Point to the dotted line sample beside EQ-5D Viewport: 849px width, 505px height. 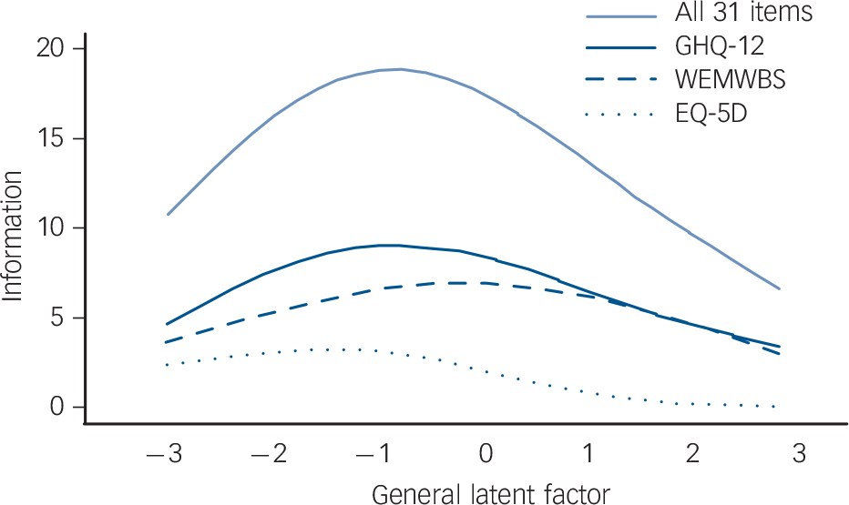click(x=619, y=114)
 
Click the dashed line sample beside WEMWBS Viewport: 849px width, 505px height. click(x=619, y=80)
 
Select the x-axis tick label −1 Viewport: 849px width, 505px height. click(x=374, y=453)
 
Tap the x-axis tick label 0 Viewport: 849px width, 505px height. click(x=487, y=453)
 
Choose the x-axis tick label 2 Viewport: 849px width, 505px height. click(x=694, y=453)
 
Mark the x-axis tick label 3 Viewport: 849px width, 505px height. click(x=800, y=453)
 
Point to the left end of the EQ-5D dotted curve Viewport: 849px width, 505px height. click(x=168, y=365)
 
